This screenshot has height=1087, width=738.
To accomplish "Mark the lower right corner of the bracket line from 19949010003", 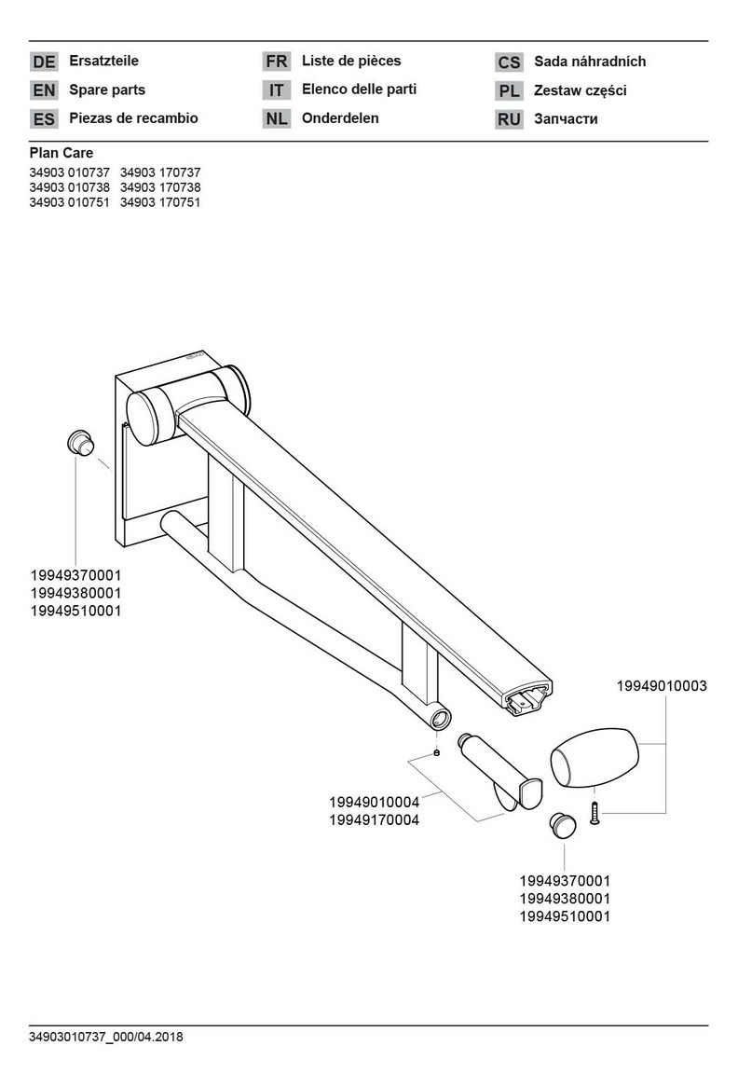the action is coord(666,813).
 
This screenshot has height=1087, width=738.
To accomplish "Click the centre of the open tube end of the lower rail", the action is coord(439,718).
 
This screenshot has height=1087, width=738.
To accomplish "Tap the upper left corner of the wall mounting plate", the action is coord(115,375).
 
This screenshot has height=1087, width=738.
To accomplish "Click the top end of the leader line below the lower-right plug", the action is coord(564,843).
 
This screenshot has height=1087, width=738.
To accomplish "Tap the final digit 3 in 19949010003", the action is coord(704,685).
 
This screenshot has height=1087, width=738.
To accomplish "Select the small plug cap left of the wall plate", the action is coord(80,442).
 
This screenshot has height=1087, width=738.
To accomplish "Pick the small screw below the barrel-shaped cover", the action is coord(594,812).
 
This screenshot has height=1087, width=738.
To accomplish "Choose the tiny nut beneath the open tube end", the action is coord(436,753).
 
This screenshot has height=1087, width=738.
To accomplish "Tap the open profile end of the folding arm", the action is coord(528,698).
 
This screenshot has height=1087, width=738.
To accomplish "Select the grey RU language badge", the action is coord(509,119).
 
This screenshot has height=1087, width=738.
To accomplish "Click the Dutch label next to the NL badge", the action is coord(340,117).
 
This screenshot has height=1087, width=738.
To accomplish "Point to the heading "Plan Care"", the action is coord(61,153).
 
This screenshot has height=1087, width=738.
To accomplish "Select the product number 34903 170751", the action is coord(160,202).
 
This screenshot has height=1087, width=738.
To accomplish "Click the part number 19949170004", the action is coord(375,820).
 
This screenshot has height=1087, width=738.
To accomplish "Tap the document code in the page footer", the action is coord(106,1037).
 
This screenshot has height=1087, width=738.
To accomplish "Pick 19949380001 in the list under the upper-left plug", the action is coord(76,593).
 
